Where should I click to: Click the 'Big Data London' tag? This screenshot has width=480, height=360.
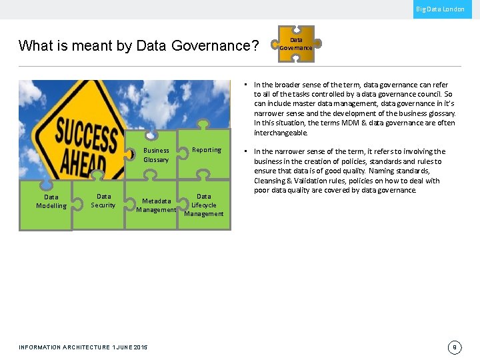440,9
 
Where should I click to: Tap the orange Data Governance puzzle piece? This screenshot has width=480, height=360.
296,44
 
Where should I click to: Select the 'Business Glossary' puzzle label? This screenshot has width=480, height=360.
156,155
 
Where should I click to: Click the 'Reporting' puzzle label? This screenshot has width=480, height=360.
207,150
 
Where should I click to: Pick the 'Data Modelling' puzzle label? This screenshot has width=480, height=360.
51,201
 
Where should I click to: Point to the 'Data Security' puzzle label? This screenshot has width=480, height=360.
103,201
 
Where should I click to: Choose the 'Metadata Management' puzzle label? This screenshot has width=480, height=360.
156,205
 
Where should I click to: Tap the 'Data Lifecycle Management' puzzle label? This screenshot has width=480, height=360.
204,205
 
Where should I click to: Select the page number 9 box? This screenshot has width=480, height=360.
455,347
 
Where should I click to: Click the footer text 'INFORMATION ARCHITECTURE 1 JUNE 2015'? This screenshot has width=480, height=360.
83,347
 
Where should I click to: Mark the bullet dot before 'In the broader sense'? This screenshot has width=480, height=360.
246,85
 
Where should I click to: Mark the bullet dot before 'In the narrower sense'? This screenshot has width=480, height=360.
246,152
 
